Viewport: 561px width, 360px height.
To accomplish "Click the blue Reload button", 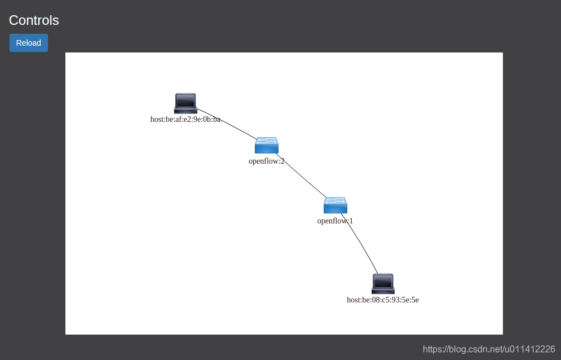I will tap(29, 43).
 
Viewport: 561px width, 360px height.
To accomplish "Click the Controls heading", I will tap(34, 20).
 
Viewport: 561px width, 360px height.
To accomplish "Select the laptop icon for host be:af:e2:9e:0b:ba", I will tap(185, 103).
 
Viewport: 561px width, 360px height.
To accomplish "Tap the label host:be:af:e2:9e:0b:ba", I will tap(185, 119).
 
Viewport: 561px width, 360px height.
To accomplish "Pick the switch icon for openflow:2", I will tap(267, 145).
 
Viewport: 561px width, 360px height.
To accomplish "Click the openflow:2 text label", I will tap(267, 161).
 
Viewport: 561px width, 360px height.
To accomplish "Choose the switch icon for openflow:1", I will tap(335, 205).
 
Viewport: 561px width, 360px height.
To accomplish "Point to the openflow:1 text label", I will tap(335, 221).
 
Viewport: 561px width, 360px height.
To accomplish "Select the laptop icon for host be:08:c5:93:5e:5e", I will tap(383, 283).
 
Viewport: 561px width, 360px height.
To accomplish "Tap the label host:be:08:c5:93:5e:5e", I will tap(383, 300).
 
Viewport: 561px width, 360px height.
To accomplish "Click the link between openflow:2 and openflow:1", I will tap(302, 175).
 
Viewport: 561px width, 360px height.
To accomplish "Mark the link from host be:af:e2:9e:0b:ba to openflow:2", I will tap(227, 124).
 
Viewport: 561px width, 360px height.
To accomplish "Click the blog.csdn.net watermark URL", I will tap(489, 349).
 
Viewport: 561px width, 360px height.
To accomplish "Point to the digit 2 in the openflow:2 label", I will tap(282, 161).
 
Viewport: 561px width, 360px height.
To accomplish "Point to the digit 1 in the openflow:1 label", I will tap(351, 221).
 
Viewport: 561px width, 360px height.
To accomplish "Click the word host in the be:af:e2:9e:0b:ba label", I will tap(157, 119).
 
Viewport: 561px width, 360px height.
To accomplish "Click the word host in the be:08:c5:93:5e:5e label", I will tap(354, 300).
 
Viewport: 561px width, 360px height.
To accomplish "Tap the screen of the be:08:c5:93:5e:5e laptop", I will tap(383, 281).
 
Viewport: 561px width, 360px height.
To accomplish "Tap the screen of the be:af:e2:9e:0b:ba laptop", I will tap(185, 101).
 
